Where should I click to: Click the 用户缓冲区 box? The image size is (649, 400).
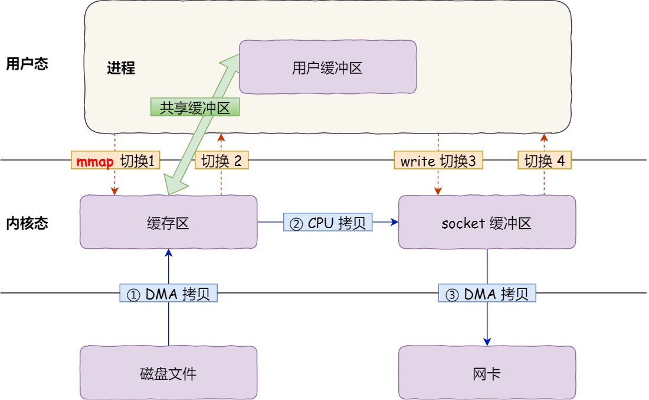pos(327,68)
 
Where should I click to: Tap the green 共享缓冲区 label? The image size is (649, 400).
pos(195,107)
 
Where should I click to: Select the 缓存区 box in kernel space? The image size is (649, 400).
pos(168,223)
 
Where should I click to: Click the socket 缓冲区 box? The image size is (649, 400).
pos(487,223)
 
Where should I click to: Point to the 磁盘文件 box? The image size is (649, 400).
pos(168,373)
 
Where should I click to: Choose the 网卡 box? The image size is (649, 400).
pos(487,373)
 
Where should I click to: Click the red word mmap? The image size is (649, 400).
pos(95,161)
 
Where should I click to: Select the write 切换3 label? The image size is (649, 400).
pos(438,161)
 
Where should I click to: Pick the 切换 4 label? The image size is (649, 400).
pos(545,161)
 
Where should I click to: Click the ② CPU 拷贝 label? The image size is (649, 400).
pos(328,222)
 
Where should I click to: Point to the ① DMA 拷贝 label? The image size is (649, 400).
pos(169,294)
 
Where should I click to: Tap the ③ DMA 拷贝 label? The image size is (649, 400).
pos(487,294)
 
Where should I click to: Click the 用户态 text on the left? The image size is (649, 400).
pos(27,64)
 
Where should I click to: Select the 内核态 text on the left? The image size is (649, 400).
pos(27,223)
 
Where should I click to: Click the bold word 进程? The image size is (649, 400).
pos(121,69)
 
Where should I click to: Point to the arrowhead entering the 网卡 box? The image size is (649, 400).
pos(487,342)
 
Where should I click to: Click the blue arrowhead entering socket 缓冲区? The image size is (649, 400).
pos(394,222)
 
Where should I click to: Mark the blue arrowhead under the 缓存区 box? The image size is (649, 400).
pos(169,253)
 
